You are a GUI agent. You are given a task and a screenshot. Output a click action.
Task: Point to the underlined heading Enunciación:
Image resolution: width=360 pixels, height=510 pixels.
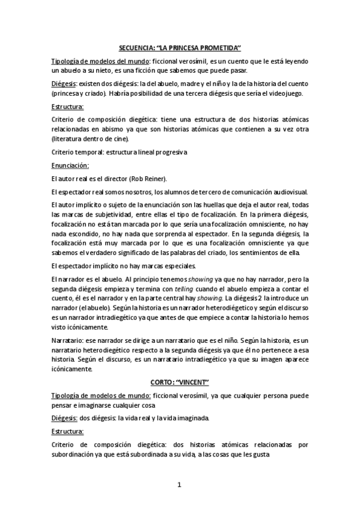click(x=70, y=165)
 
